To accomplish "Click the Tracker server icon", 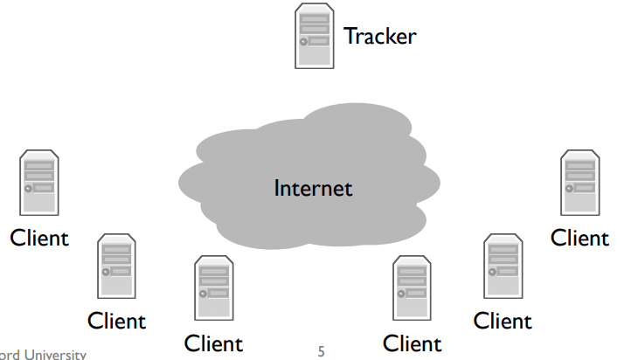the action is pyautogui.click(x=315, y=36).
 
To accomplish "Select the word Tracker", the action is pyautogui.click(x=380, y=36).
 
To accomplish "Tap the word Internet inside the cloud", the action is pyautogui.click(x=313, y=188).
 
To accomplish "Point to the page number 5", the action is pyautogui.click(x=321, y=351).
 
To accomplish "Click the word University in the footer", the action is pyautogui.click(x=55, y=354).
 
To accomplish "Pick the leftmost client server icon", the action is pyautogui.click(x=39, y=183).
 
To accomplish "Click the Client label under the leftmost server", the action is pyautogui.click(x=39, y=238).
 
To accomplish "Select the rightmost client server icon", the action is pyautogui.click(x=580, y=183).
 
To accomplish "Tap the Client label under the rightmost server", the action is pyautogui.click(x=579, y=238).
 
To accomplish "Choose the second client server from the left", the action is pyautogui.click(x=116, y=266).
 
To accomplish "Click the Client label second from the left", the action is pyautogui.click(x=116, y=321).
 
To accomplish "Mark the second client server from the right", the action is pyautogui.click(x=503, y=266).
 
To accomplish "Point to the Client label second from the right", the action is pyautogui.click(x=503, y=321).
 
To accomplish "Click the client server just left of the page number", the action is pyautogui.click(x=214, y=288).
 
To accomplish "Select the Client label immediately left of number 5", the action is pyautogui.click(x=213, y=343).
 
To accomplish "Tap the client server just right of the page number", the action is pyautogui.click(x=412, y=288).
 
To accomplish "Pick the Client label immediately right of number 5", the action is pyautogui.click(x=413, y=343).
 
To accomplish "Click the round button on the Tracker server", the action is pyautogui.click(x=303, y=42).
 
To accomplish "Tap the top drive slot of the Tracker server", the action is pyautogui.click(x=315, y=19).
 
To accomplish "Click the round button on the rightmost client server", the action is pyautogui.click(x=569, y=189).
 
